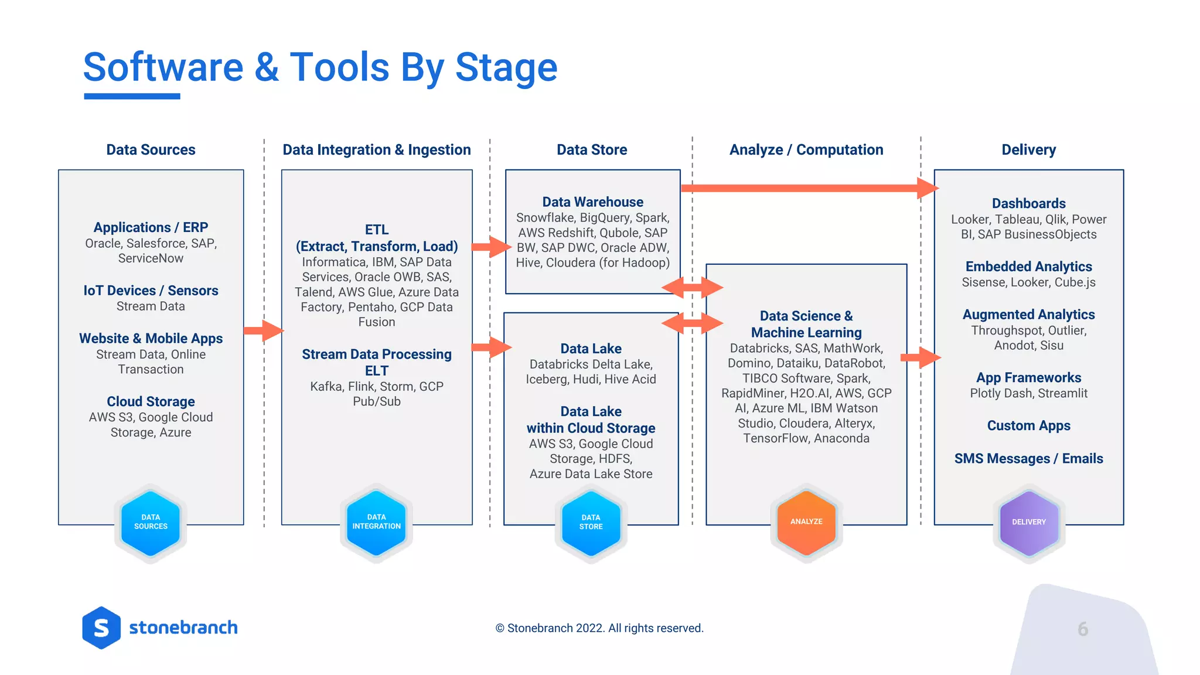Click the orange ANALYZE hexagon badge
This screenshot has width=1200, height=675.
[806, 522]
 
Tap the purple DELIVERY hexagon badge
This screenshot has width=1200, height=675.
[1028, 522]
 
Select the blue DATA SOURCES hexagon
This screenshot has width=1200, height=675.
[151, 522]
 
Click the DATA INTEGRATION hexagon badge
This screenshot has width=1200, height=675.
[376, 522]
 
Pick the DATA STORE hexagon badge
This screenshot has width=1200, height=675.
[591, 522]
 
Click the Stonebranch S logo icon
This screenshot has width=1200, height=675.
[101, 628]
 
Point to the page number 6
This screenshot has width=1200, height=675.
[1083, 629]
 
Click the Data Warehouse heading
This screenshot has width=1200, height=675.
[592, 202]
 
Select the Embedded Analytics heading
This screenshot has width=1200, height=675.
[1028, 267]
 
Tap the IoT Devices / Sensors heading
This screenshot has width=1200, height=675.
[151, 291]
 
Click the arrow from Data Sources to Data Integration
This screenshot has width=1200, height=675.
[263, 330]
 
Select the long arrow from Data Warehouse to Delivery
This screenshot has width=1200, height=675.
[809, 188]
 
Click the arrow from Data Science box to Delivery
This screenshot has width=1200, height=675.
[921, 357]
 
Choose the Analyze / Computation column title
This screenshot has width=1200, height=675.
[806, 150]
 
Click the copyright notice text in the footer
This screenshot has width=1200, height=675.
[599, 628]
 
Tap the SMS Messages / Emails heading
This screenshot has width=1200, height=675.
[1028, 459]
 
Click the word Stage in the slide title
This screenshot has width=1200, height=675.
[506, 67]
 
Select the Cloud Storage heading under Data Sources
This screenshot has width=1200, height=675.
[151, 402]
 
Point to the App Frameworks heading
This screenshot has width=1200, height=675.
[1028, 378]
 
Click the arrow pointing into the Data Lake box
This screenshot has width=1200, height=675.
[491, 347]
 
